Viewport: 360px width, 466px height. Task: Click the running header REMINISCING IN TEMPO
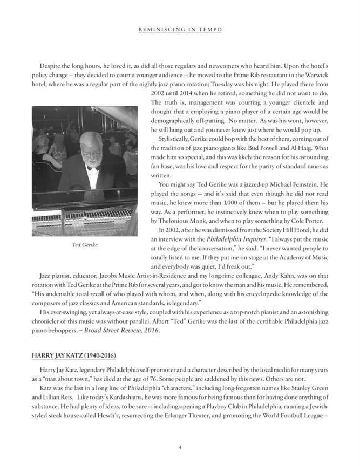pyautogui.click(x=180, y=29)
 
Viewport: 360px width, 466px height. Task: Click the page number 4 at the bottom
pyautogui.click(x=180, y=447)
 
